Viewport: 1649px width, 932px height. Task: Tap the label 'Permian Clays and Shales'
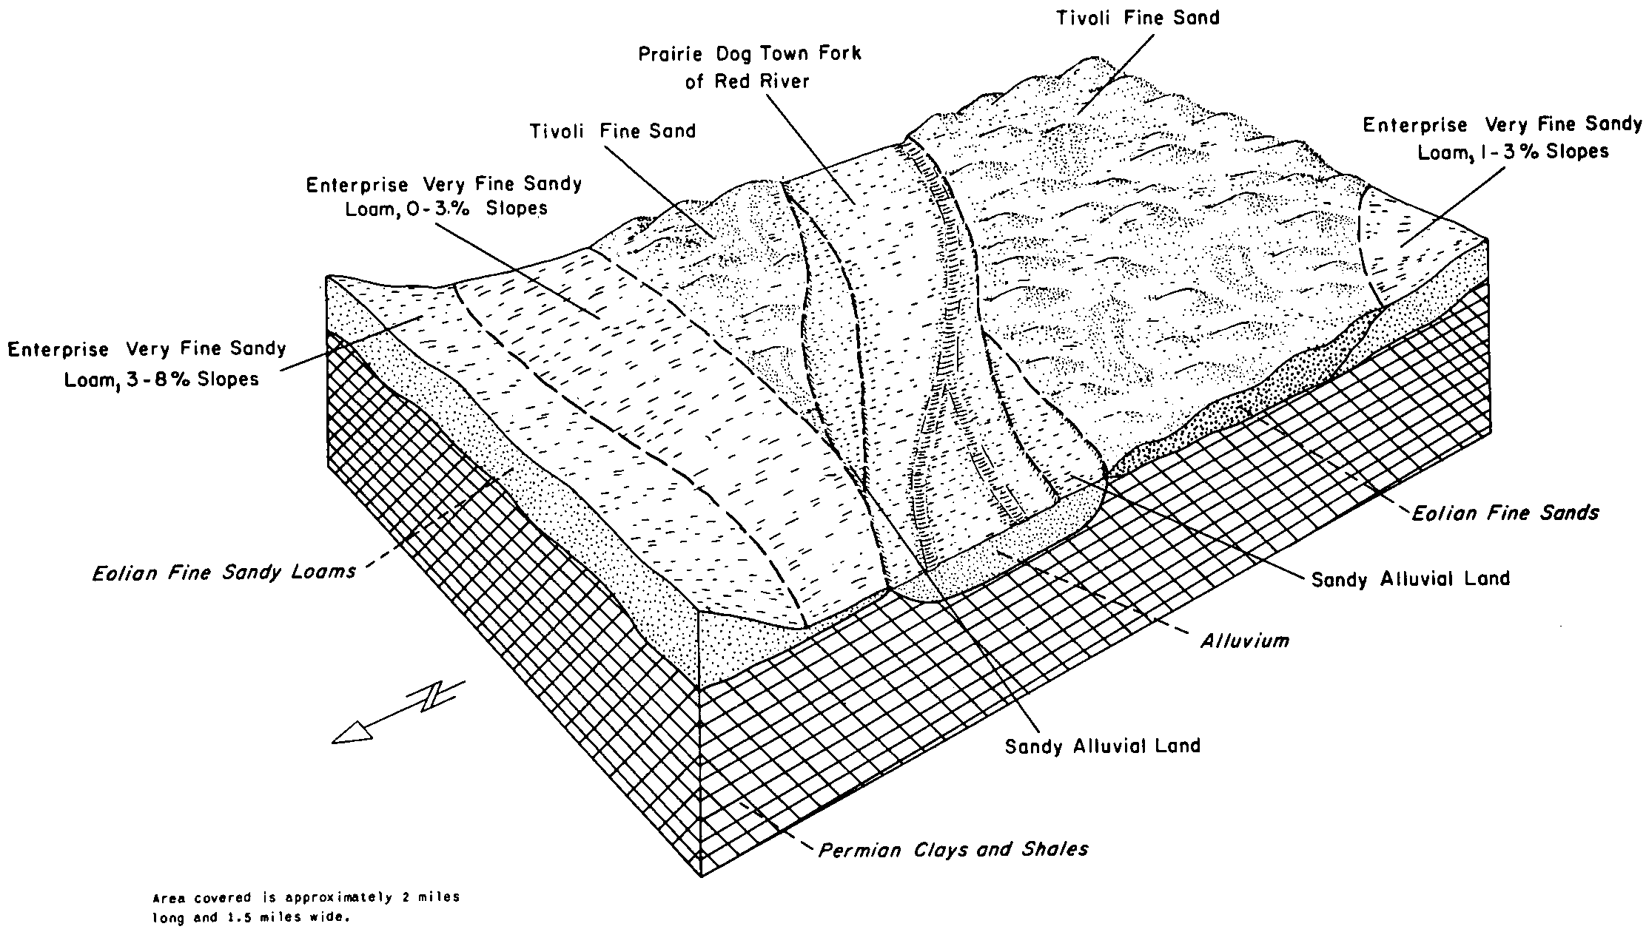pos(953,849)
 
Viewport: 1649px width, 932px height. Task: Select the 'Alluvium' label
pos(1244,641)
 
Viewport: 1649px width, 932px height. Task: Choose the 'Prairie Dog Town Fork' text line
pos(750,54)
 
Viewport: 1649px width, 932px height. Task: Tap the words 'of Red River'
pos(748,81)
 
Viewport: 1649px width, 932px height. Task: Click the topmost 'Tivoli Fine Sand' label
pos(1138,18)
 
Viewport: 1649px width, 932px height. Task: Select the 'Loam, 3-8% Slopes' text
pos(161,379)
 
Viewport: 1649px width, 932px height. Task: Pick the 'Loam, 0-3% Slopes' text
pos(446,209)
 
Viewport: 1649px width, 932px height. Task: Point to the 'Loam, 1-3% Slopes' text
pos(1513,152)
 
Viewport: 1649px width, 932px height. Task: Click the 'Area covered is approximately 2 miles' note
pos(306,898)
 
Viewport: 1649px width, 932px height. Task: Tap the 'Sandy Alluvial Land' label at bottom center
pos(1102,746)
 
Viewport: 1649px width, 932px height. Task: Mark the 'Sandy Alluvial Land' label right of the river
pos(1410,578)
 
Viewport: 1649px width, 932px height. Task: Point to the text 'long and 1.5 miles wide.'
pos(250,918)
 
